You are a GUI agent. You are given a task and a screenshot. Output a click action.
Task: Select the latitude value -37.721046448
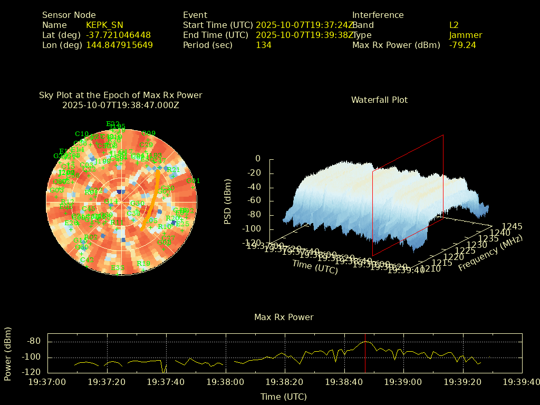pyautogui.click(x=118, y=35)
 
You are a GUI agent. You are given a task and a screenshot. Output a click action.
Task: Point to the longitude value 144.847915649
pyautogui.click(x=119, y=45)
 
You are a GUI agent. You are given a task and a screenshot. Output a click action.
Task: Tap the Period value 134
pyautogui.click(x=263, y=45)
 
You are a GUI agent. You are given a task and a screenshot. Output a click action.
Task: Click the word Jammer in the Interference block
pyautogui.click(x=465, y=35)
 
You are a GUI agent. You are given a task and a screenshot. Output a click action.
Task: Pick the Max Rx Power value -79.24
pyautogui.click(x=462, y=45)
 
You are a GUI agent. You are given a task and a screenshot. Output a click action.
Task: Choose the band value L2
pyautogui.click(x=454, y=25)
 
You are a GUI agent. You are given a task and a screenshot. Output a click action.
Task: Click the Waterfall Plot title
pyautogui.click(x=379, y=100)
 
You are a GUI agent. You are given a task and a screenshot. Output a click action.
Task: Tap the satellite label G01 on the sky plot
pyautogui.click(x=194, y=181)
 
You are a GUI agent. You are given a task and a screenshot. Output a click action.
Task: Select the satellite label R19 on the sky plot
pyautogui.click(x=143, y=264)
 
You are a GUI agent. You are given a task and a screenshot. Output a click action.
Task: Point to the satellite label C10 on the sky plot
pyautogui.click(x=82, y=134)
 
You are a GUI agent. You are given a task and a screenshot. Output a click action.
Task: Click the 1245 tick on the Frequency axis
pyautogui.click(x=512, y=226)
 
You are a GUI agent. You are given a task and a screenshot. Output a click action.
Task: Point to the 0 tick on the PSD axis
pyautogui.click(x=258, y=158)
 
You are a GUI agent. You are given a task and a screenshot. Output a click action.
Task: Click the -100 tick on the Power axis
pyautogui.click(x=34, y=357)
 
